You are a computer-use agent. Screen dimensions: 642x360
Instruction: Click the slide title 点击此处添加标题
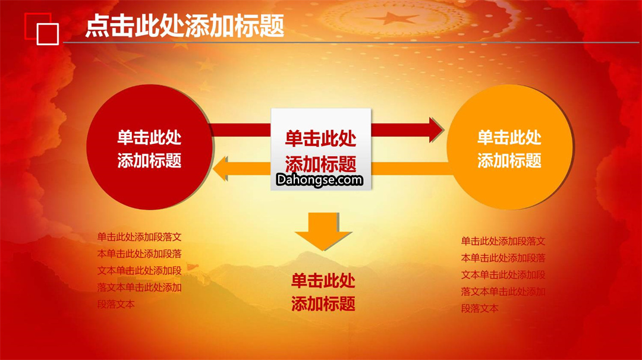[185, 26]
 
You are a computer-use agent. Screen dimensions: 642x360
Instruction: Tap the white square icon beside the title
[48, 34]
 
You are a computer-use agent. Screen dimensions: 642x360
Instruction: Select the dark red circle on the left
[149, 147]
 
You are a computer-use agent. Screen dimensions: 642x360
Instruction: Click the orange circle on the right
[510, 147]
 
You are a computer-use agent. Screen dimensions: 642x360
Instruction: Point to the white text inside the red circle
[149, 149]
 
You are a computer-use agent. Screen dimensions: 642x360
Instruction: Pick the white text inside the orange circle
[510, 149]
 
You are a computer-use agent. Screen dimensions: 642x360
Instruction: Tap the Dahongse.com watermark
[319, 179]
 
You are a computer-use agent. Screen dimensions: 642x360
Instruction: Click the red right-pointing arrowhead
[436, 130]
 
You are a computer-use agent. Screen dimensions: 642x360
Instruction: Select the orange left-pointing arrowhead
[221, 169]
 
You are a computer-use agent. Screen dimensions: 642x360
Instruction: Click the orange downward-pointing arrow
[323, 231]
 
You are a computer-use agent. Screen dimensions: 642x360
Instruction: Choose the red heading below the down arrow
[323, 292]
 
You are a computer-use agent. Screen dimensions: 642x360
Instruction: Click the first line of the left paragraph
[139, 237]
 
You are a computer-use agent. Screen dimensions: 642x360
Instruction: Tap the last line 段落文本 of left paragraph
[116, 304]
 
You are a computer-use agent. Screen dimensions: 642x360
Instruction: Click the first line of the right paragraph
[503, 241]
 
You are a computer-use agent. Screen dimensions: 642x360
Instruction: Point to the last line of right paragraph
[480, 308]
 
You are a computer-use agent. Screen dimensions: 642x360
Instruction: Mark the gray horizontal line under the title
[351, 42]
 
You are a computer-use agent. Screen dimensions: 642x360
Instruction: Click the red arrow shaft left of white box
[241, 130]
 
